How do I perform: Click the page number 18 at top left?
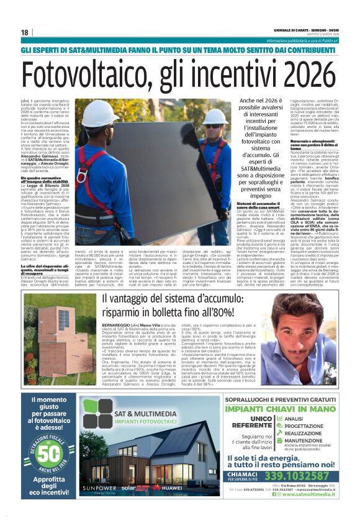click(x=24, y=32)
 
